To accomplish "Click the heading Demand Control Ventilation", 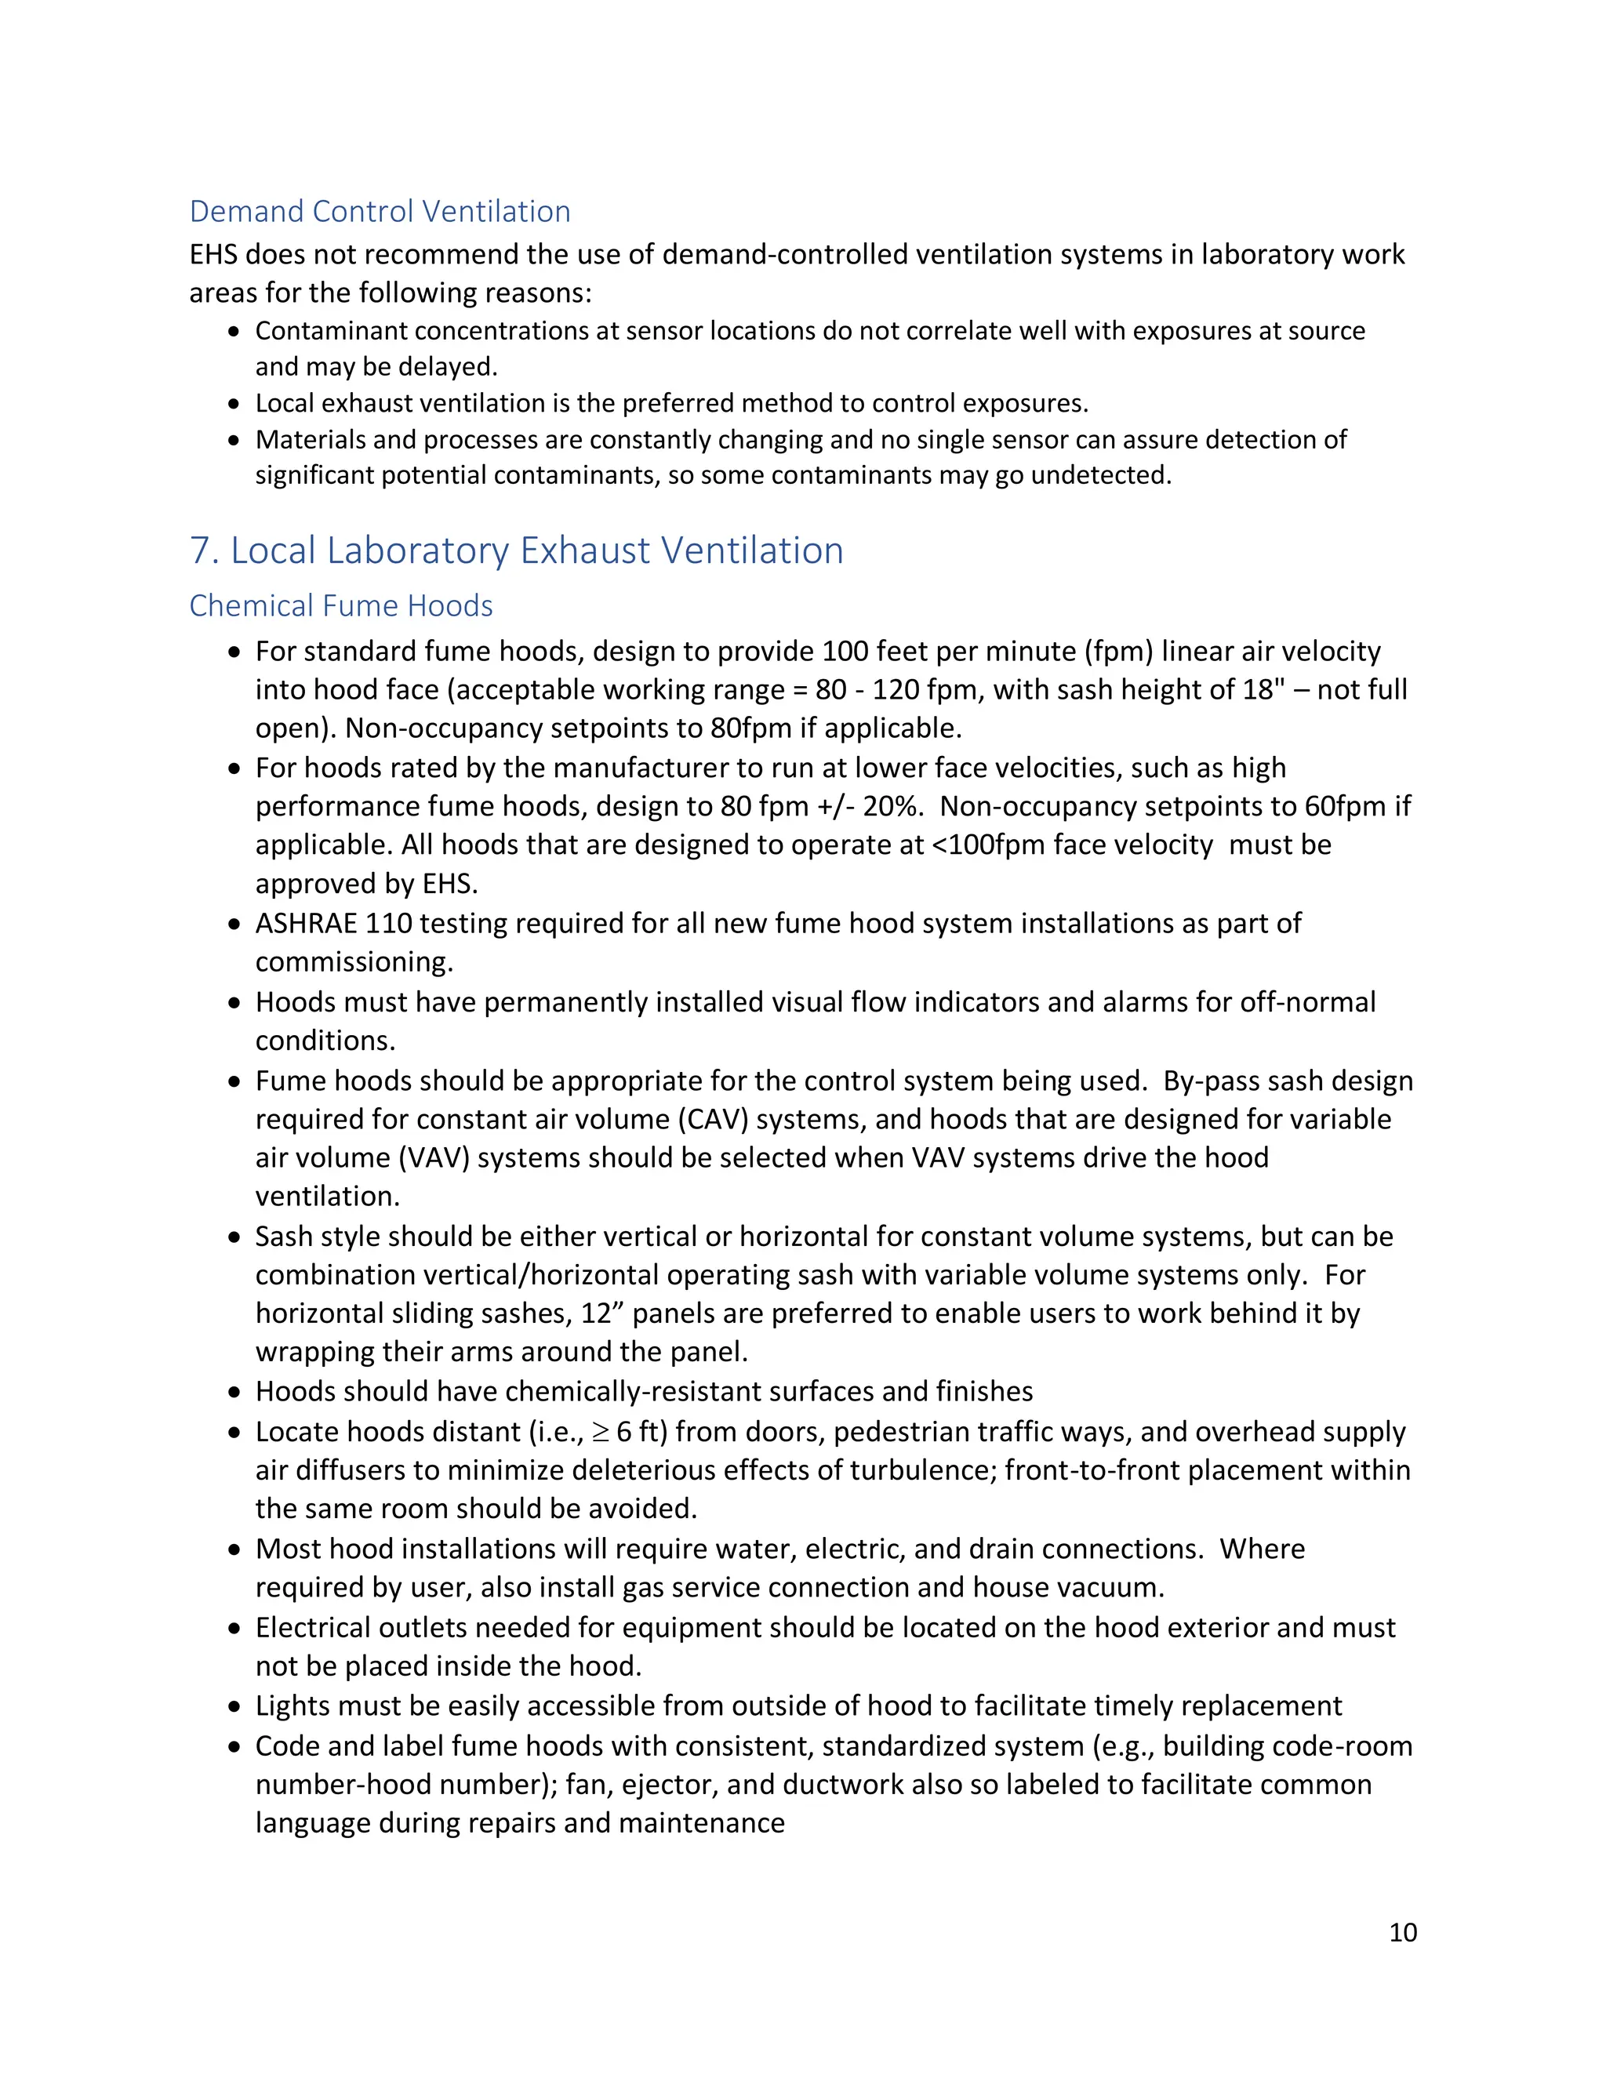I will pos(380,211).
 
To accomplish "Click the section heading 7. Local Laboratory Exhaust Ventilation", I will pos(517,551).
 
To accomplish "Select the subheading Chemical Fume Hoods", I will pos(340,606).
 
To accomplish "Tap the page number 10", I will pos(1402,1932).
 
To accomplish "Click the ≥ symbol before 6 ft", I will pos(601,1432).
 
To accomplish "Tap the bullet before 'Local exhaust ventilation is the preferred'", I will pos(234,405).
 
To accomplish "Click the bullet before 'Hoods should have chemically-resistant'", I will pos(234,1393).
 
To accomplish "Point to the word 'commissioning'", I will pos(352,962).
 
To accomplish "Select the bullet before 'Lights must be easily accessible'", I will pos(234,1707).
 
